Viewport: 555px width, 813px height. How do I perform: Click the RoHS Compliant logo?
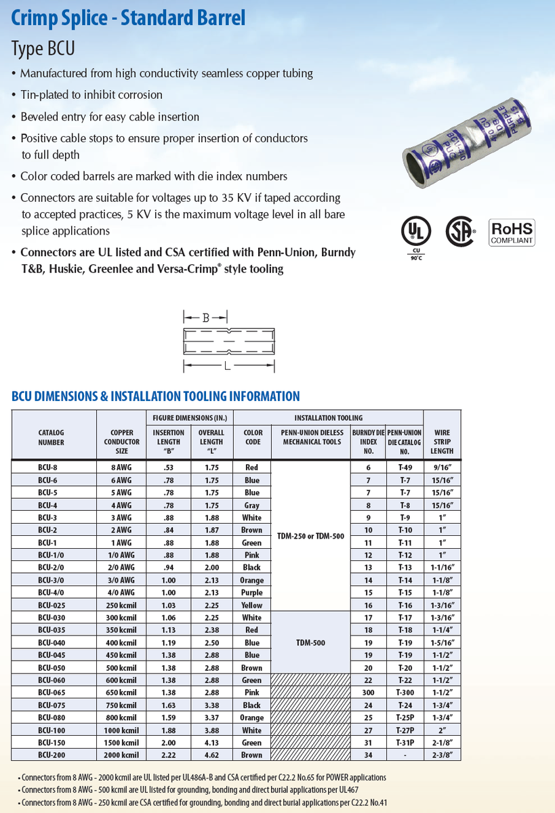[512, 232]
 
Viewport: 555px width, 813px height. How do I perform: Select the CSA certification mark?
[460, 232]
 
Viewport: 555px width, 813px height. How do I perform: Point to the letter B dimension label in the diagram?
[206, 316]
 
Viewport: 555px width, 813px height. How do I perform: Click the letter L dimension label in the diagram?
[228, 367]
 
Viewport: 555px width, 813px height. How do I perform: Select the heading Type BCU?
[43, 49]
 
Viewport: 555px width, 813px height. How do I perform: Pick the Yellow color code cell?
[251, 605]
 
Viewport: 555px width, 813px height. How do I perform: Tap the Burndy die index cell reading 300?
[368, 692]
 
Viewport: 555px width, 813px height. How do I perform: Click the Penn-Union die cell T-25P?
[405, 717]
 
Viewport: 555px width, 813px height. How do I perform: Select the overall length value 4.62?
[211, 755]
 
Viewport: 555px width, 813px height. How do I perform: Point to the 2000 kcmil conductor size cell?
[121, 755]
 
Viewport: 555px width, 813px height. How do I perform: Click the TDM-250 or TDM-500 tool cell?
[310, 536]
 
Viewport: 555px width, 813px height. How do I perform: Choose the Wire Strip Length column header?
[442, 441]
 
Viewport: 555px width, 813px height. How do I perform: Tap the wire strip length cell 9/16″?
[442, 467]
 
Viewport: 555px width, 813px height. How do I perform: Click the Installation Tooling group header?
[328, 418]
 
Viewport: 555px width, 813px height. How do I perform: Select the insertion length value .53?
[168, 467]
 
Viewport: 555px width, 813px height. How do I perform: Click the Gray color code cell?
[251, 505]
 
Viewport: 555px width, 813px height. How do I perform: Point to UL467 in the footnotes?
[348, 790]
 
